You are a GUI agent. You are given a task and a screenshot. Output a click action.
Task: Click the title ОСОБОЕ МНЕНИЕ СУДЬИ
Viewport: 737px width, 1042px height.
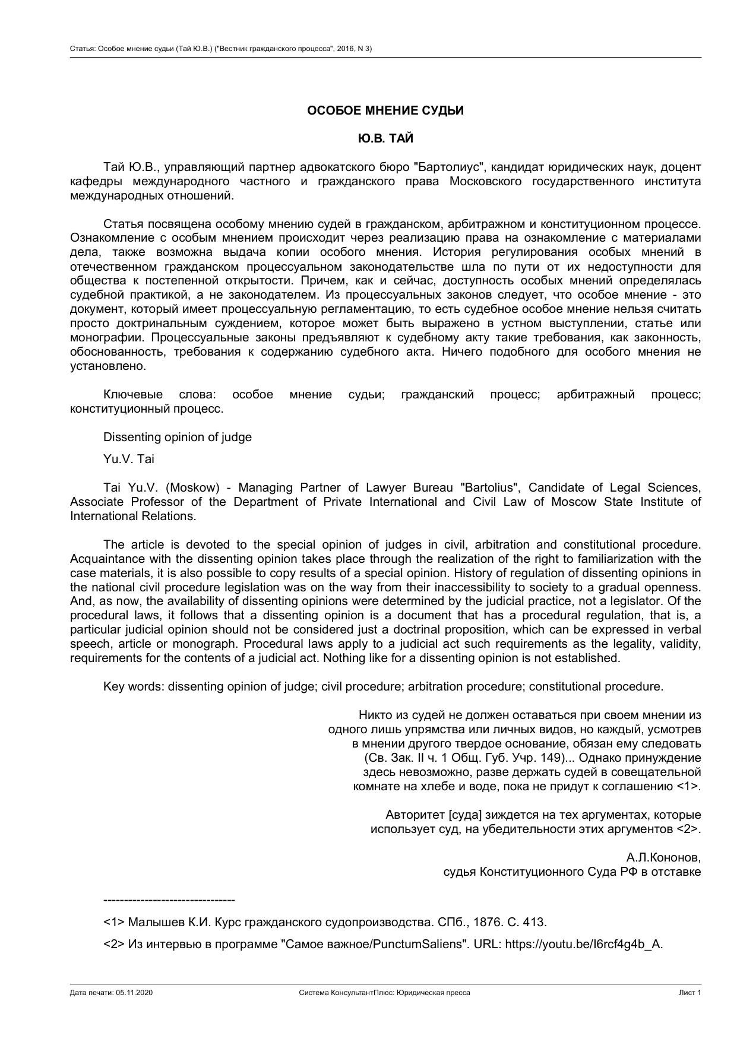(385, 110)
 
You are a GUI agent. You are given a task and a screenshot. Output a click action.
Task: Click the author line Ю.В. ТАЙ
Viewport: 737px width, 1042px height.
(385, 138)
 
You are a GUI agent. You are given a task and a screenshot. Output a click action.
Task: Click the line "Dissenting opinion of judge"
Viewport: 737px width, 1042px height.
(177, 437)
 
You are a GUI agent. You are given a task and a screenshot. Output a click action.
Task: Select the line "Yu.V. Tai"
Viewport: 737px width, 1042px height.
(128, 459)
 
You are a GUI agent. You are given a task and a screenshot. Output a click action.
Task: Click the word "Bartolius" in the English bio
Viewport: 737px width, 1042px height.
(489, 487)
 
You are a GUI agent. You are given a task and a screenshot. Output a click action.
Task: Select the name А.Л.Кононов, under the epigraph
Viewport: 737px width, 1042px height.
(663, 857)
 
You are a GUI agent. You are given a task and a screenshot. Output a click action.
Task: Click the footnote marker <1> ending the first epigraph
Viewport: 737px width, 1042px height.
(688, 786)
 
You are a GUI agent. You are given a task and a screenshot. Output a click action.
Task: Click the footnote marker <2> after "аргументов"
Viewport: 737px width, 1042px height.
(688, 829)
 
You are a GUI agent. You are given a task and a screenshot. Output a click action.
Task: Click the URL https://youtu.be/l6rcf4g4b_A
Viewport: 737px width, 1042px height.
(583, 944)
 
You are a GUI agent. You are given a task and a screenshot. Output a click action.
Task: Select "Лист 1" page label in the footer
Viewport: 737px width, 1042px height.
(689, 993)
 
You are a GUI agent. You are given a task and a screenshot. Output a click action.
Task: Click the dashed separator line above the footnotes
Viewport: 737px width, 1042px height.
(169, 900)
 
